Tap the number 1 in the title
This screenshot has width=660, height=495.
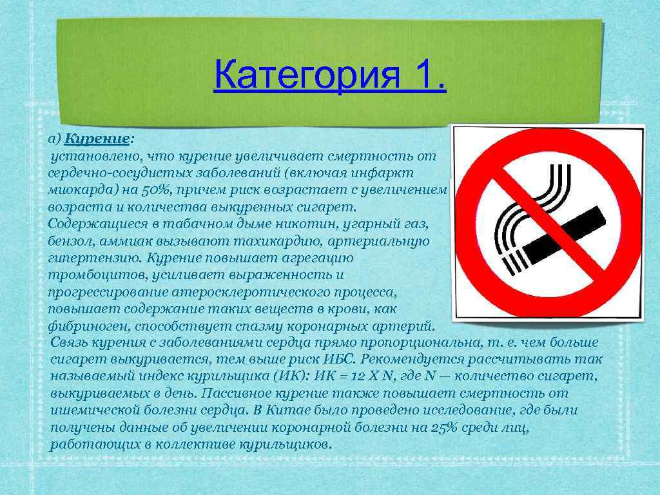click(422, 76)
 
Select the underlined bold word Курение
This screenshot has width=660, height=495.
click(97, 139)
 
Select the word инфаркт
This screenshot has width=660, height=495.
click(384, 174)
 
